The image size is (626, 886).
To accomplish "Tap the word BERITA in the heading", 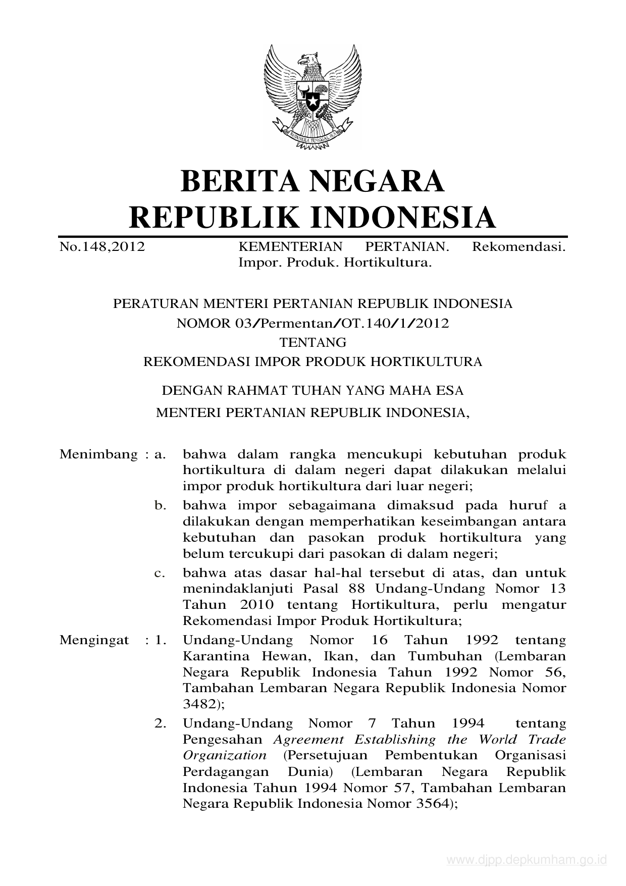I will click(x=238, y=181).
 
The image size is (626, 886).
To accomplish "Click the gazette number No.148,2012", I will click(x=102, y=247).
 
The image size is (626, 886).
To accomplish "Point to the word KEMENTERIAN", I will click(x=290, y=247).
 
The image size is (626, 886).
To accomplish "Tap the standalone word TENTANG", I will click(x=313, y=342).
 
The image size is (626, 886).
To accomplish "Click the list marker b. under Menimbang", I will click(x=161, y=505).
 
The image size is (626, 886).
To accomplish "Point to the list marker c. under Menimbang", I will click(x=161, y=573).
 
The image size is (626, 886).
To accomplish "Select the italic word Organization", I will click(x=225, y=755).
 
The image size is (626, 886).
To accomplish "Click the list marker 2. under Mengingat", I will click(x=161, y=723).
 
